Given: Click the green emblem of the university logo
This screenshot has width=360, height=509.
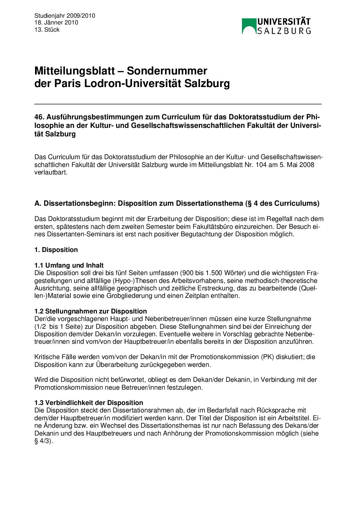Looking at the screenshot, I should pos(249,26).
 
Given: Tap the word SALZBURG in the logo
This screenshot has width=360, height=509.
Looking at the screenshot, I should pos(284,31).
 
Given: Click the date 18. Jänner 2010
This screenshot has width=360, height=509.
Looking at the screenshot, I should pos(56,23).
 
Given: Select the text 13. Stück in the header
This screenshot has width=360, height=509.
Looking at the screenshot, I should pos(47,30).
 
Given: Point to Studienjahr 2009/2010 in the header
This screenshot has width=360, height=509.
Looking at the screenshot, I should pos(65,16).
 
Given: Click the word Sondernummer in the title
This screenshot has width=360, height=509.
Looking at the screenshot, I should pos(167,71).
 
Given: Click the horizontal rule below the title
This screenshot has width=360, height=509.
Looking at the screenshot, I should pos(178,104).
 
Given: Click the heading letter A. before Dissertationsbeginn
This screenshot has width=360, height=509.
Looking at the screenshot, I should pos(37,204).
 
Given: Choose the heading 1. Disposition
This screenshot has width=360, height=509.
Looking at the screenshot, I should pos(56,250).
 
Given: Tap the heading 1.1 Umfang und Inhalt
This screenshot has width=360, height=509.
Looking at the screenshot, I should pos(69,266).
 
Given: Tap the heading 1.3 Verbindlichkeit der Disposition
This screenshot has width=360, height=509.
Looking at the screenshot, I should pos(89,403).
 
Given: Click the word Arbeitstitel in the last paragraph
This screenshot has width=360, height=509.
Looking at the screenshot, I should pos(293,418).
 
